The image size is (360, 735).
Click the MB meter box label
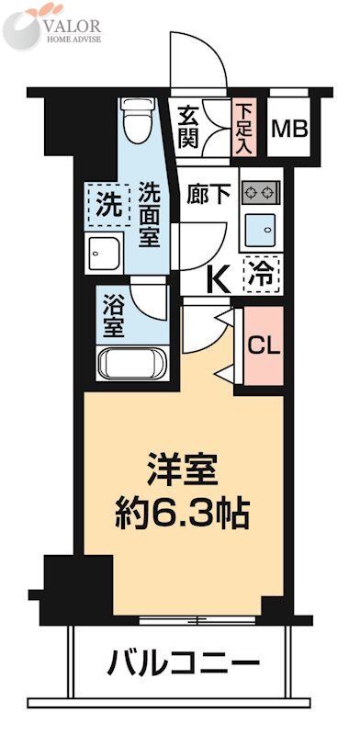288,128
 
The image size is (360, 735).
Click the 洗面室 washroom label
151,213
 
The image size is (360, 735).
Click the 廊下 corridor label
205,194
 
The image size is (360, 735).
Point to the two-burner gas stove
261,192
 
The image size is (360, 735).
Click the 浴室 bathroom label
115,313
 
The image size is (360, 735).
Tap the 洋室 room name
183,470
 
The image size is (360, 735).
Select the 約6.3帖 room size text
183,512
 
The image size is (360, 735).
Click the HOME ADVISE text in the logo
73,40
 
